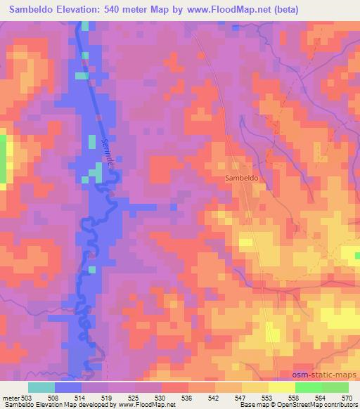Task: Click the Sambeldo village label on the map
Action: point(243,178)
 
